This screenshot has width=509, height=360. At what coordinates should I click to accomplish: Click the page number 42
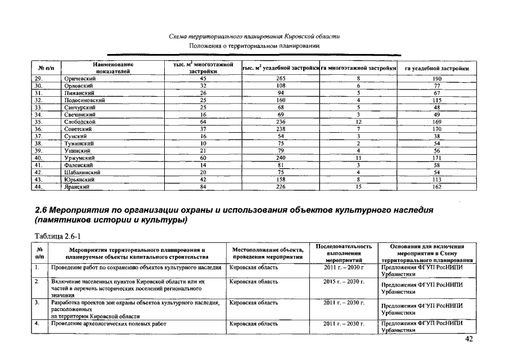(469, 339)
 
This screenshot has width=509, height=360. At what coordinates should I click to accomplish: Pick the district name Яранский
(79, 187)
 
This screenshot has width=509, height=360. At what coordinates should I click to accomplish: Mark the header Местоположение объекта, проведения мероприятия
(268, 253)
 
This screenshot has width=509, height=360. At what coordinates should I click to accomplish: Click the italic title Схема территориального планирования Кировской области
(254, 36)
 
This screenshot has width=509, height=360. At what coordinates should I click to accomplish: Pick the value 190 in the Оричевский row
(437, 78)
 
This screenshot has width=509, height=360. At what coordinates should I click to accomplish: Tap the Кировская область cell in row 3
(254, 303)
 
